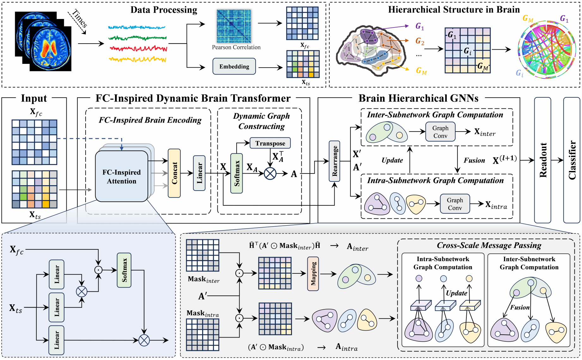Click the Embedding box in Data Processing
pyautogui.click(x=234, y=66)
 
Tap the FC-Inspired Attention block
pyautogui.click(x=122, y=176)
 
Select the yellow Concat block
pyautogui.click(x=174, y=173)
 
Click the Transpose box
pyautogui.click(x=270, y=143)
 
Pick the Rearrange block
pyautogui.click(x=335, y=161)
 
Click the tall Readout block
pyautogui.click(x=543, y=160)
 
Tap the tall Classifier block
pyautogui.click(x=572, y=160)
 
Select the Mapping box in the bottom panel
pyautogui.click(x=313, y=274)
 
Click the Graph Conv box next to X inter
pyautogui.click(x=440, y=132)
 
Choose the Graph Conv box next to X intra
pyautogui.click(x=455, y=204)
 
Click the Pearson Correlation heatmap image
pyautogui.click(x=234, y=26)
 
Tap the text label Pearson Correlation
pyautogui.click(x=236, y=47)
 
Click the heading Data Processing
pyautogui.click(x=164, y=10)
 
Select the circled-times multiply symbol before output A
pyautogui.click(x=270, y=173)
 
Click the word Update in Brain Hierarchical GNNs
pyautogui.click(x=392, y=160)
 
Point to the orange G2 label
pyautogui.click(x=420, y=41)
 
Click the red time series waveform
pyautogui.click(x=138, y=49)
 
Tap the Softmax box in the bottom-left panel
pyautogui.click(x=124, y=270)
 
